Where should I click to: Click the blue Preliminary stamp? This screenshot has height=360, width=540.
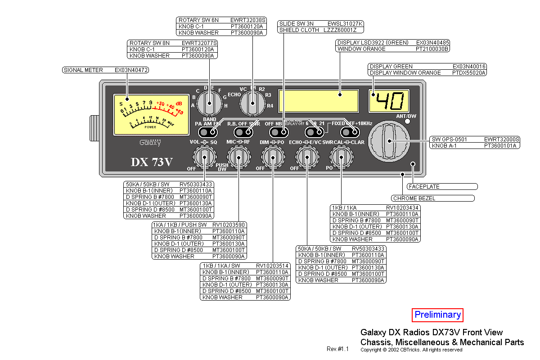[437, 315]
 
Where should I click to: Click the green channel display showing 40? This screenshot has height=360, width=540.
[389, 101]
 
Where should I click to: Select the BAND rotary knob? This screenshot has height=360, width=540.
[209, 103]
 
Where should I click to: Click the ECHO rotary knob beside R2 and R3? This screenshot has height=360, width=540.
[252, 103]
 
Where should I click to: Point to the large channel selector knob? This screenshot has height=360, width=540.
[388, 140]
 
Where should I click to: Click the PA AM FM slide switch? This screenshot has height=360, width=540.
[208, 132]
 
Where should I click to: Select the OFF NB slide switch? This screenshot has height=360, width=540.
[279, 132]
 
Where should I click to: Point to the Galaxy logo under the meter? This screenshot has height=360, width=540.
[150, 143]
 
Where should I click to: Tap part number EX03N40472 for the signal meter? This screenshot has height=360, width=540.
[131, 70]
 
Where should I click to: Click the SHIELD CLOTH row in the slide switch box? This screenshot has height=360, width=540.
[321, 30]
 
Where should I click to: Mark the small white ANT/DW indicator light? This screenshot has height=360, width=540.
[408, 121]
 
